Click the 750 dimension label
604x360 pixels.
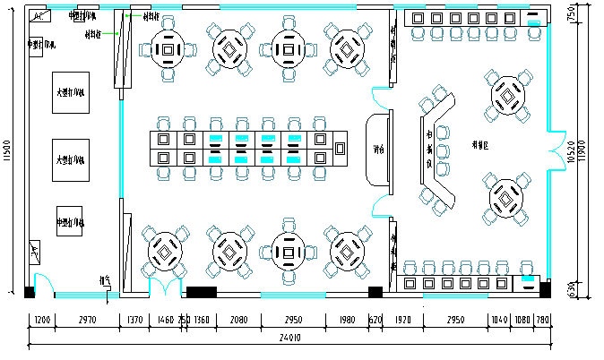coord(571,15)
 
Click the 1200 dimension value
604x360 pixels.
coord(42,319)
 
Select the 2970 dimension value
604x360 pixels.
coord(87,319)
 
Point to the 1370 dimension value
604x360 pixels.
coord(134,319)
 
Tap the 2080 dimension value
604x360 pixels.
coord(239,319)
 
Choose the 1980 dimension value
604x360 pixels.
coord(348,319)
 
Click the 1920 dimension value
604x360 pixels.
coord(402,319)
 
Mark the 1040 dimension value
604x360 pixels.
coord(499,319)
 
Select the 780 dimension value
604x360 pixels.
coord(543,319)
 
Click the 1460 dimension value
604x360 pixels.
coord(165,319)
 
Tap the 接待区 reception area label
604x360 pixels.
coord(480,144)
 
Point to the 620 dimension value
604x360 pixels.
coord(375,319)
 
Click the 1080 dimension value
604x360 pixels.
coord(522,319)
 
